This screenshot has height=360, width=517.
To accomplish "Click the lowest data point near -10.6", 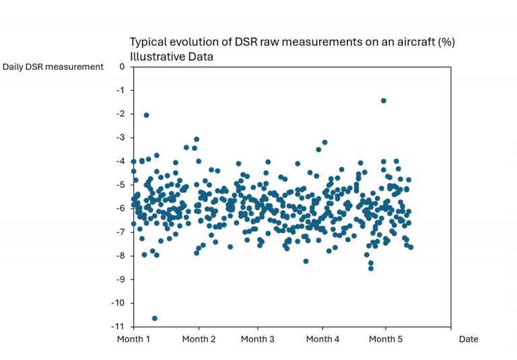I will coord(155,318).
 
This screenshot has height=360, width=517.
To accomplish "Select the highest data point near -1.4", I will coord(384,101).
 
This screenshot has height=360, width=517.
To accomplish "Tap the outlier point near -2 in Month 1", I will coord(146,115).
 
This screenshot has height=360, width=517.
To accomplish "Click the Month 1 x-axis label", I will coord(134,339).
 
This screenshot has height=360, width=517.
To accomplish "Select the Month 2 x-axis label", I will coord(199,339).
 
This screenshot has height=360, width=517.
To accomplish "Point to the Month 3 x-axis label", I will coord(258,339).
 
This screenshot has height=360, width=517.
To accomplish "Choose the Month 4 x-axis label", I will coord(323,339).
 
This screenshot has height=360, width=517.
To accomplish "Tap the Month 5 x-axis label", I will coord(386,339).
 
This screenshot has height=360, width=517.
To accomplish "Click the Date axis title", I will coord(469,339).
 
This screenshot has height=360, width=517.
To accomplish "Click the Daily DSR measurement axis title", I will coord(53,67).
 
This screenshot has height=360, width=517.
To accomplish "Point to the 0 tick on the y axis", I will coord(122,67).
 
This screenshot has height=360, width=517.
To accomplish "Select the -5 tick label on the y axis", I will coord(120,184).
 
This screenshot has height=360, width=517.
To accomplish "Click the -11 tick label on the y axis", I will coord(118,326).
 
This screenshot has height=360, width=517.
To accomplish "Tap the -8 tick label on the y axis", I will coord(120,256).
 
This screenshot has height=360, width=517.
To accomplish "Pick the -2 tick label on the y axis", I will coord(120,114).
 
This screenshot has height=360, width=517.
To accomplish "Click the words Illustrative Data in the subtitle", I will coord(172,57).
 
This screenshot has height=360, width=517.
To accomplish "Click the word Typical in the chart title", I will coord(148,42).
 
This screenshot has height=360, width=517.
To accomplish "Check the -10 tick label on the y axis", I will coord(118,303).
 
